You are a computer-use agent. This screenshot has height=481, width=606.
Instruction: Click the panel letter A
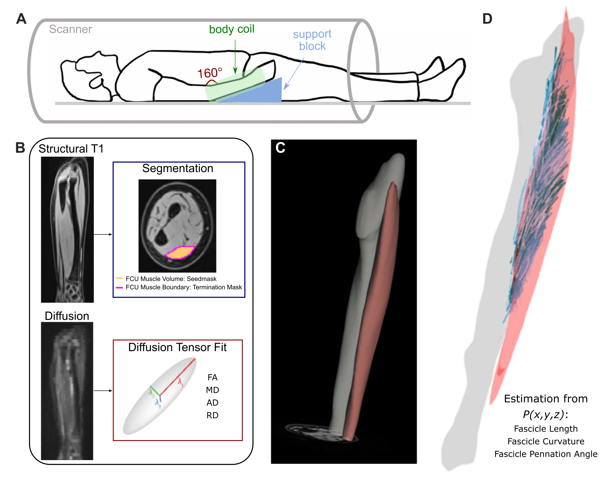[21, 19]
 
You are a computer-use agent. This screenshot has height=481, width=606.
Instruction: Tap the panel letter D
[487, 19]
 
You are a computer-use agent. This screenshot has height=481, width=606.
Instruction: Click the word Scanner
[71, 29]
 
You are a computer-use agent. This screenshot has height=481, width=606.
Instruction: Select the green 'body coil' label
[232, 29]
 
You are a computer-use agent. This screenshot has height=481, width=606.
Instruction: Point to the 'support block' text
[312, 40]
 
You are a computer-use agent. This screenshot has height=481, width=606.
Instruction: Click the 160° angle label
[210, 73]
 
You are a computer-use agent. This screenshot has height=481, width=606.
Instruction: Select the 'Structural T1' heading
[71, 149]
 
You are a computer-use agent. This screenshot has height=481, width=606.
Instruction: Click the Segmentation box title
[178, 168]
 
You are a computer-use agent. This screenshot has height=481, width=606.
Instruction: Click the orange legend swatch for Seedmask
[119, 278]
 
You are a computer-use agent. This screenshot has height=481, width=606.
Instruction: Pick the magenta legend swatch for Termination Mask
[119, 287]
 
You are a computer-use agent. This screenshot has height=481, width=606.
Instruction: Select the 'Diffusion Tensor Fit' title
[177, 348]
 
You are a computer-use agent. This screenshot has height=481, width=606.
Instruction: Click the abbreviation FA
[212, 378]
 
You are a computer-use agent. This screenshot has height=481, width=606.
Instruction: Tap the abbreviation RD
[212, 415]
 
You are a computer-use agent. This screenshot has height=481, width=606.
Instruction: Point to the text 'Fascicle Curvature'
[545, 441]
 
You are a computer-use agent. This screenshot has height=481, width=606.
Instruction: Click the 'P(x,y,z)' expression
[543, 415]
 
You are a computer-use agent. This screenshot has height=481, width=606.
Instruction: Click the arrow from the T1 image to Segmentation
[103, 234]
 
